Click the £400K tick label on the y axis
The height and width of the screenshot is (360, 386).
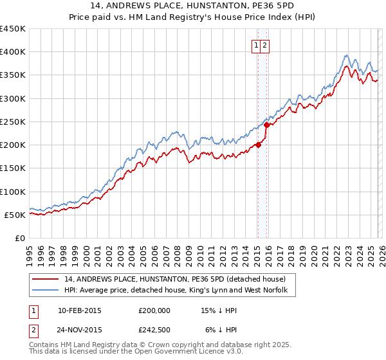pyautogui.click(x=12, y=52)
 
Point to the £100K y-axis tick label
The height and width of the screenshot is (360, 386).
pyautogui.click(x=12, y=192)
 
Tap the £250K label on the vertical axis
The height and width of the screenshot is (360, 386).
pyautogui.click(x=12, y=122)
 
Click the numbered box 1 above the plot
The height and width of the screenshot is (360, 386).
pyautogui.click(x=257, y=45)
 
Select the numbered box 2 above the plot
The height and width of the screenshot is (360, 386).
pyautogui.click(x=265, y=45)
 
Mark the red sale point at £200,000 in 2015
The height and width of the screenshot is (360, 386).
pyautogui.click(x=258, y=145)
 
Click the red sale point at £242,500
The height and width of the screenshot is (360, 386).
pyautogui.click(x=266, y=125)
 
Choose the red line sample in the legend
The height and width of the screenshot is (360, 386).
pyautogui.click(x=46, y=279)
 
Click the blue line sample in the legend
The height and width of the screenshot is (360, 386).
pyautogui.click(x=46, y=291)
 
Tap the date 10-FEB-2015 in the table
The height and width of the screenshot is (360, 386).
pyautogui.click(x=79, y=310)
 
